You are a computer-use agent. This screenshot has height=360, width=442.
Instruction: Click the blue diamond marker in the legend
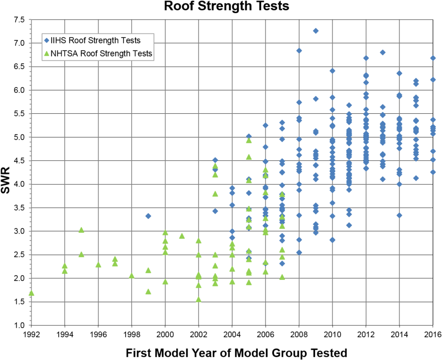tap(46, 41)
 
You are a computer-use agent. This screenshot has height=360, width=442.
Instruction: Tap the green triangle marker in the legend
tap(46, 53)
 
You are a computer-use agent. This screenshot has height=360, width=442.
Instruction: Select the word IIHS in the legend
tap(58, 41)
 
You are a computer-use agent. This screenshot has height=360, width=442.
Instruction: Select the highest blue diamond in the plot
tap(316, 31)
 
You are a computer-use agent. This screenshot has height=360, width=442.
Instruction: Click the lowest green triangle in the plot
tap(199, 299)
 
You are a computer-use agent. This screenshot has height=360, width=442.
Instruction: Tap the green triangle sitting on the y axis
tap(31, 293)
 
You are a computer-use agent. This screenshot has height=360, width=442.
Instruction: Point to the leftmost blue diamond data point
tap(148, 216)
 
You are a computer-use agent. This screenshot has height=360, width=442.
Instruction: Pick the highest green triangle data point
tap(249, 140)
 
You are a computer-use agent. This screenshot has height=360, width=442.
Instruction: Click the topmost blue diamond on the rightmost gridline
tap(433, 58)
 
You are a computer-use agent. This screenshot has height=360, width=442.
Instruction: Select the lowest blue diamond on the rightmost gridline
tap(433, 172)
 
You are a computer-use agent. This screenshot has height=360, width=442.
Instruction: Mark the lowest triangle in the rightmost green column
tap(282, 277)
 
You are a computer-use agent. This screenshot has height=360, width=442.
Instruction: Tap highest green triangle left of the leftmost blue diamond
tap(81, 230)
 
